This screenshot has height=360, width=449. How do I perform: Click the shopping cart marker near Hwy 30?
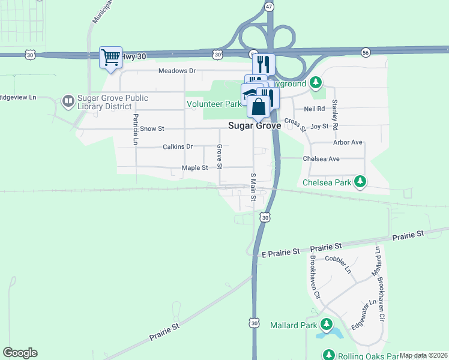(111, 58)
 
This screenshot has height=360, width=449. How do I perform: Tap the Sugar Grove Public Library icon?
(68, 100)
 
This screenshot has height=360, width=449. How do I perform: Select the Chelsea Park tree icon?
(360, 181)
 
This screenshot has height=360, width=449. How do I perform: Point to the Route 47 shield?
(270, 6)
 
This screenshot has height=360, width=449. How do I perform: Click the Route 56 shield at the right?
(366, 53)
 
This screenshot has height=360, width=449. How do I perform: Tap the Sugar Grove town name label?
(255, 126)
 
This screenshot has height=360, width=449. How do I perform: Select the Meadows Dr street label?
(177, 71)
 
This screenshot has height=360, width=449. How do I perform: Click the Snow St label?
(152, 128)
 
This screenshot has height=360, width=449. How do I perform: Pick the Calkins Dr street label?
(178, 146)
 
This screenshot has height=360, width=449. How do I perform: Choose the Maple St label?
(194, 168)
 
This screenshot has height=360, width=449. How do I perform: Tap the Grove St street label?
(220, 157)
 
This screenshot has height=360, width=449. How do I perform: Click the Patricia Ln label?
(136, 130)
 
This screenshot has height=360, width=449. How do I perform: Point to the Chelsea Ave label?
(321, 159)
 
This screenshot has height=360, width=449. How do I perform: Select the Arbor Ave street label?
(348, 143)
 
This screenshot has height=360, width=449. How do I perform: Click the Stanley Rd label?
(336, 115)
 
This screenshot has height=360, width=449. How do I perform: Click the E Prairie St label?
(281, 253)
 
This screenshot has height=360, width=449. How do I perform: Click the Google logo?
(20, 353)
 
